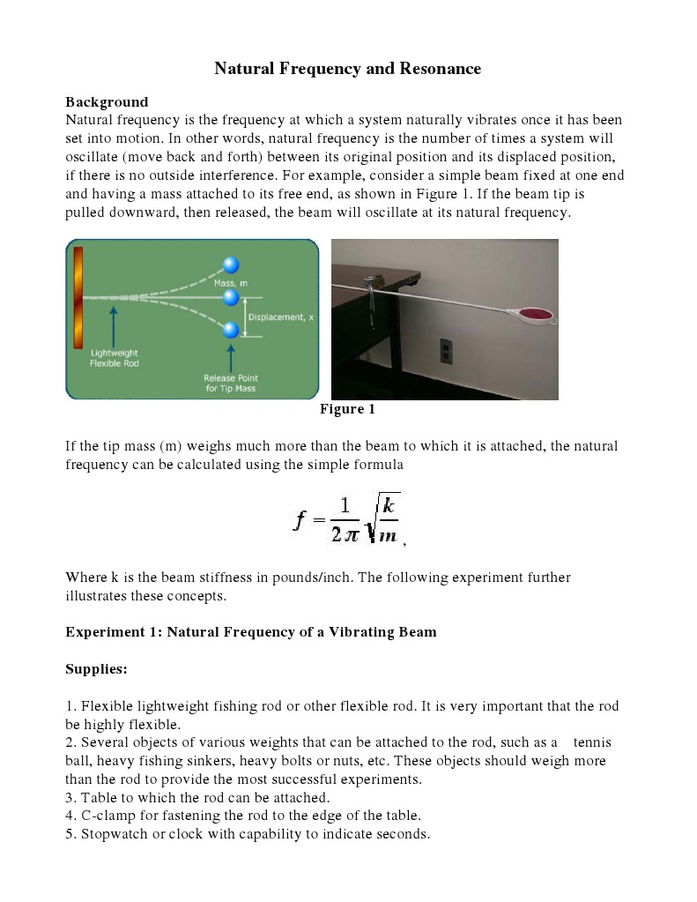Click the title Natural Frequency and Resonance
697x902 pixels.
coord(348,68)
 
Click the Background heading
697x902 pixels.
coord(107,101)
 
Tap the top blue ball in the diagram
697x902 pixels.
coord(231,265)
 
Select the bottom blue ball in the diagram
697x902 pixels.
coord(231,331)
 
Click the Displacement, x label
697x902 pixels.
coord(281,317)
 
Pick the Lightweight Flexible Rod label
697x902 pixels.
coord(114,357)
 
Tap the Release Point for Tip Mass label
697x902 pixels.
coord(231,383)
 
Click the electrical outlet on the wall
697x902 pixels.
coord(446,350)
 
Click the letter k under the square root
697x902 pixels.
coord(388,505)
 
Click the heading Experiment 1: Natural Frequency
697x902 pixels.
coord(251,632)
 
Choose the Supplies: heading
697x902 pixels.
coord(97,669)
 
